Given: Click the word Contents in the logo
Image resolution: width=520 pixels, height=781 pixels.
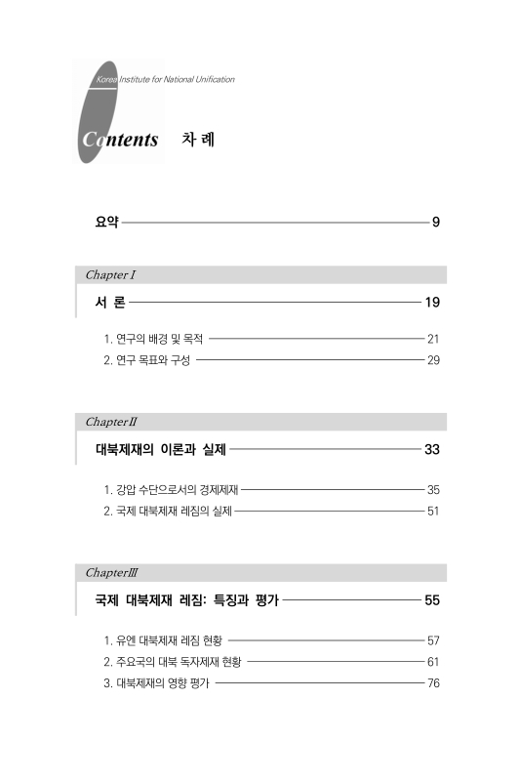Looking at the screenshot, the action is point(120,141).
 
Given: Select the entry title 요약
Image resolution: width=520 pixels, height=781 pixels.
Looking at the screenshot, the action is point(106,223).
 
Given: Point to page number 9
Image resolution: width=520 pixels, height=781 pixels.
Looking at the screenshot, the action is point(436,223).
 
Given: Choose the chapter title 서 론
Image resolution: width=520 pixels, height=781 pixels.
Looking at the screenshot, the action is point(109,303).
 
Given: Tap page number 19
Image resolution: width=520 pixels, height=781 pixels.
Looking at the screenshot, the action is point(432,303).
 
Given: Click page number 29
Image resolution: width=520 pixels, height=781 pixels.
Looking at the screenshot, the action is point(434,361).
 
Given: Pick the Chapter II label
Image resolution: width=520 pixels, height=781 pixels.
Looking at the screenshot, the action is point(110,423).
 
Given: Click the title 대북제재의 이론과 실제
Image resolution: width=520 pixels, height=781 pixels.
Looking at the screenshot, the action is point(160,450).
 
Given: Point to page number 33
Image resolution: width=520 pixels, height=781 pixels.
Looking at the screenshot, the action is point(432,450).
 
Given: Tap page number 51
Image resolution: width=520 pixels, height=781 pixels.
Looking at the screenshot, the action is point(434,509).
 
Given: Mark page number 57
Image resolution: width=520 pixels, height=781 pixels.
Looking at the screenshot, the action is point(434,640).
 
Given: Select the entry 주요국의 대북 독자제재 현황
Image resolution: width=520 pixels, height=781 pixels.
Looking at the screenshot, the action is point(172,661).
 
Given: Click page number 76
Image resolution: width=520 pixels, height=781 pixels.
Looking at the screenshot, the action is point(434,682).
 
